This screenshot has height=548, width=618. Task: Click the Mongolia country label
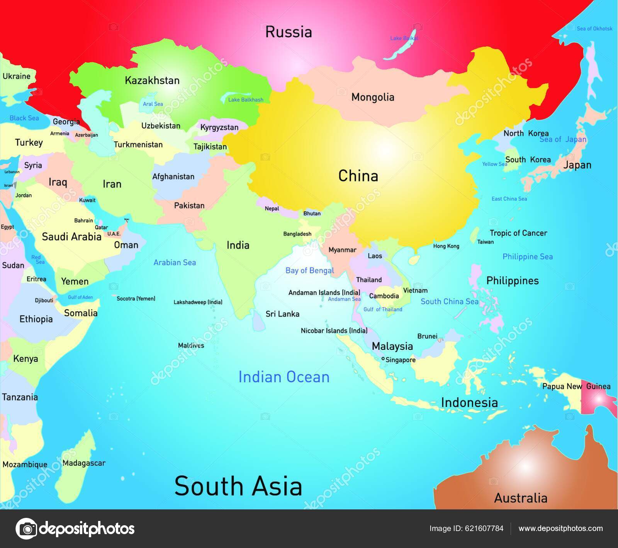coord(373,97)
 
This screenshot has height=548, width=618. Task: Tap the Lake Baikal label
coord(404,38)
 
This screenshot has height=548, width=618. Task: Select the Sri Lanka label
coord(282,314)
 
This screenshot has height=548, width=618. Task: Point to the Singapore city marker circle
coord(383,359)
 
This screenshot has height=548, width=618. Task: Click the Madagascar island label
coord(84,463)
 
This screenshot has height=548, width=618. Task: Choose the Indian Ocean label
coord(284,377)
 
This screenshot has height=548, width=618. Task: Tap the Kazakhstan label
coord(152,80)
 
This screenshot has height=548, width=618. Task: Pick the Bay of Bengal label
coord(309,270)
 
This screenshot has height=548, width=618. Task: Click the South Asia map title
coord(238,486)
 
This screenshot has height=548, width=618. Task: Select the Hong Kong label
coord(446,246)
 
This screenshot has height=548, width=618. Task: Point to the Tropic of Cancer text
coord(518,233)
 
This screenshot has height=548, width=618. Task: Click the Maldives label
coord(191,345)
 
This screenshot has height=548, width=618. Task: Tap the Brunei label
coord(427,336)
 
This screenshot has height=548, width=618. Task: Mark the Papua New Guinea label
coord(576,386)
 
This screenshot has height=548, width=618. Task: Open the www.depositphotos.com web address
coord(560,528)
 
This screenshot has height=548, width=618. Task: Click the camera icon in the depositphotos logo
coord(26,528)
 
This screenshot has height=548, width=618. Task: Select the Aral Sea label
coord(153,104)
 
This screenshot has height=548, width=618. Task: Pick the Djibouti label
coord(44,300)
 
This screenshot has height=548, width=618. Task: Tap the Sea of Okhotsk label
coord(594,29)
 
